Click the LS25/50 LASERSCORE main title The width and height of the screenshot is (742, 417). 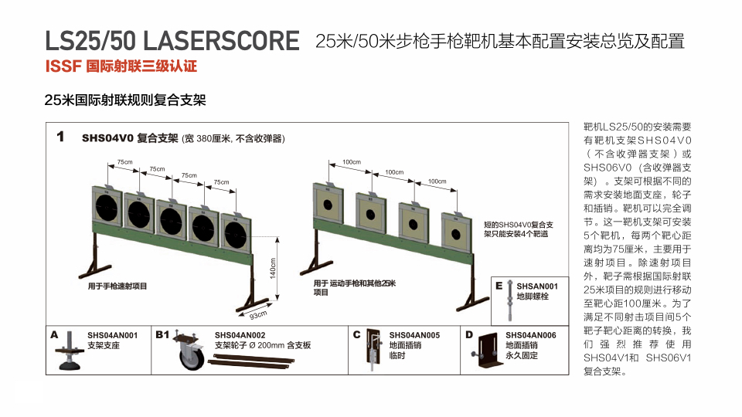[172, 41]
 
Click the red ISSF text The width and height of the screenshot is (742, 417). [64, 66]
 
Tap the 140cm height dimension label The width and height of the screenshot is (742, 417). [273, 268]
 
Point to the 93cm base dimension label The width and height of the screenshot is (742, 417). [258, 315]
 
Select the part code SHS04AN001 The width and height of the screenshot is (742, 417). [112, 335]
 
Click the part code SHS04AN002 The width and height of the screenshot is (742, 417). [240, 335]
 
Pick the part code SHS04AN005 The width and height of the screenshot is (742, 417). [414, 335]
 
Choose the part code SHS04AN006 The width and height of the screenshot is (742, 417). [530, 335]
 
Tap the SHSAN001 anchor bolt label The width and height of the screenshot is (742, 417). [537, 286]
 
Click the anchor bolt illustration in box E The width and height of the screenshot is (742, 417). [509, 300]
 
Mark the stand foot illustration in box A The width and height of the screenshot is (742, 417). [70, 351]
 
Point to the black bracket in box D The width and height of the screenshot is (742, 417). [487, 351]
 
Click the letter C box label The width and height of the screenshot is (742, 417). [357, 334]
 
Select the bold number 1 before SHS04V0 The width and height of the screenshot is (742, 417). [60, 137]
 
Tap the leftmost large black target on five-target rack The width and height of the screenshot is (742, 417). [107, 207]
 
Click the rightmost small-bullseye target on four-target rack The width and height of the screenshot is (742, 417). [456, 233]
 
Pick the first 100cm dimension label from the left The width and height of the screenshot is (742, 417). [352, 161]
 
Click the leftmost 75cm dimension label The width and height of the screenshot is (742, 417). [125, 161]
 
